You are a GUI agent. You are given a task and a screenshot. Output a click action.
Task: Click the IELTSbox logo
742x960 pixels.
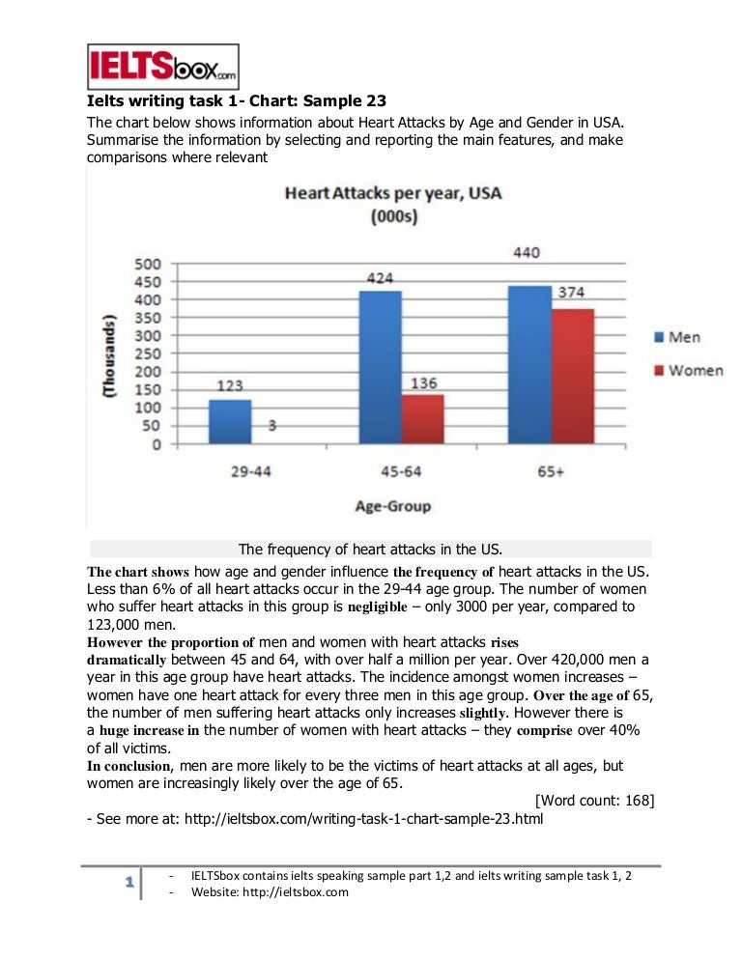click(x=162, y=66)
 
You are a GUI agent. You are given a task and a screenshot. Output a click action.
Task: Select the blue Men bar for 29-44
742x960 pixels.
click(x=229, y=422)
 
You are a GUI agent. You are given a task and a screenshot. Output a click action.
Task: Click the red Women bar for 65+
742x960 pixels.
click(x=574, y=377)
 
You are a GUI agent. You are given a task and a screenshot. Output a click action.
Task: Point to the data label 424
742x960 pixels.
click(x=380, y=277)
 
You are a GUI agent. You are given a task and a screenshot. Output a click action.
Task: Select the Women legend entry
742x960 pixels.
click(x=687, y=370)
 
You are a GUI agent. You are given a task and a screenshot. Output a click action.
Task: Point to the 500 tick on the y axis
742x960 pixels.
click(x=145, y=264)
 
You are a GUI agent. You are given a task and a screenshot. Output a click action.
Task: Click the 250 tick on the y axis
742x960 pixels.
click(x=145, y=354)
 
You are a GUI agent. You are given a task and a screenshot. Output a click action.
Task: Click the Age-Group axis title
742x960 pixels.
click(x=392, y=505)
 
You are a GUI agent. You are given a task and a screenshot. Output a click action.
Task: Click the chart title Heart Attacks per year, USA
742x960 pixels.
click(x=393, y=194)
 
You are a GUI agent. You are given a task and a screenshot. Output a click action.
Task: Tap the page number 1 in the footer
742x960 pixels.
click(x=128, y=884)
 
